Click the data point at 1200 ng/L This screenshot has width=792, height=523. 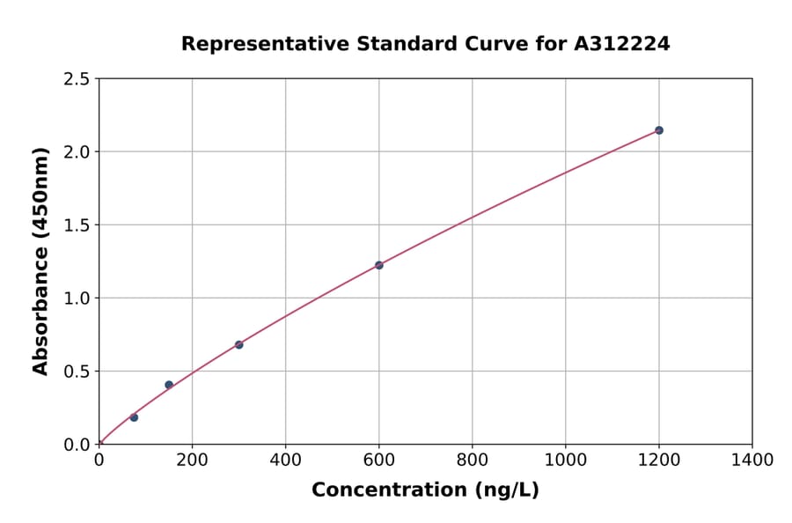pyautogui.click(x=658, y=130)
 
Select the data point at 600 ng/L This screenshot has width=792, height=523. pyautogui.click(x=378, y=265)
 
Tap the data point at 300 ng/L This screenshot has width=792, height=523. pyautogui.click(x=238, y=344)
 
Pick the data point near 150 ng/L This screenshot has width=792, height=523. pyautogui.click(x=169, y=385)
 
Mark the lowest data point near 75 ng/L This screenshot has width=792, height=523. pyautogui.click(x=134, y=417)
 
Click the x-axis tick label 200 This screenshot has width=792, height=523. pyautogui.click(x=192, y=460)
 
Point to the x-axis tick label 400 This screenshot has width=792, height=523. pyautogui.click(x=285, y=460)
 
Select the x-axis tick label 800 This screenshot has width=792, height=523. pyautogui.click(x=472, y=460)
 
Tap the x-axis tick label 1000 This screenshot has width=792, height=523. pyautogui.click(x=565, y=460)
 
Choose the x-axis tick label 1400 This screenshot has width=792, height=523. pyautogui.click(x=752, y=460)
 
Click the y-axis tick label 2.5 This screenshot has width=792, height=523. pyautogui.click(x=77, y=79)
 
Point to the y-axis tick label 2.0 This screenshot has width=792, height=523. pyautogui.click(x=77, y=152)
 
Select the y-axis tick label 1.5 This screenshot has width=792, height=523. pyautogui.click(x=77, y=225)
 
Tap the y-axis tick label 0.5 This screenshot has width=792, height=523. pyautogui.click(x=77, y=372)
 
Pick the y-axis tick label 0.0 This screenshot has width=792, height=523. pyautogui.click(x=77, y=445)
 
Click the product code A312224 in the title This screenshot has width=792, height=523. pyautogui.click(x=622, y=44)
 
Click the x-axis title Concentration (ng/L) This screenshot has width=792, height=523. pyautogui.click(x=425, y=490)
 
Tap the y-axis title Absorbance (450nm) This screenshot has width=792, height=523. pyautogui.click(x=40, y=261)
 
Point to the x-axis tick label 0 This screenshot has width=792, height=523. pyautogui.click(x=99, y=460)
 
